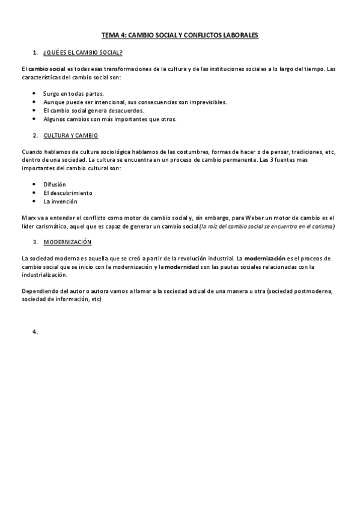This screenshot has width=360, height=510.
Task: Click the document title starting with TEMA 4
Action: point(180,35)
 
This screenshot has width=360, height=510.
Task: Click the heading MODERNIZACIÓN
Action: point(67,241)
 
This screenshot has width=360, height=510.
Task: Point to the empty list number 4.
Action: point(35,331)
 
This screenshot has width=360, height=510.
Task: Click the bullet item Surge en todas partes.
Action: point(73,94)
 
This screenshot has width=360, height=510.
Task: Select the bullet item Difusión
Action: point(55,184)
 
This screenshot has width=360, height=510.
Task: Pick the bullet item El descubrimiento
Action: point(67,192)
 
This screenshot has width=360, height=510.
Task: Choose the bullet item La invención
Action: point(60,201)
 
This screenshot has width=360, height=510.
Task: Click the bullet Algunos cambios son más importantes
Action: point(109,119)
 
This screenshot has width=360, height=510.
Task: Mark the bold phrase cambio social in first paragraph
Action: point(47,69)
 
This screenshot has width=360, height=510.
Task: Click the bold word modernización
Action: point(264,258)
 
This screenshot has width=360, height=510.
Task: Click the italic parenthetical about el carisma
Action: point(267,226)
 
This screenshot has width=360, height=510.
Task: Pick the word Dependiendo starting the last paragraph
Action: point(38,291)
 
